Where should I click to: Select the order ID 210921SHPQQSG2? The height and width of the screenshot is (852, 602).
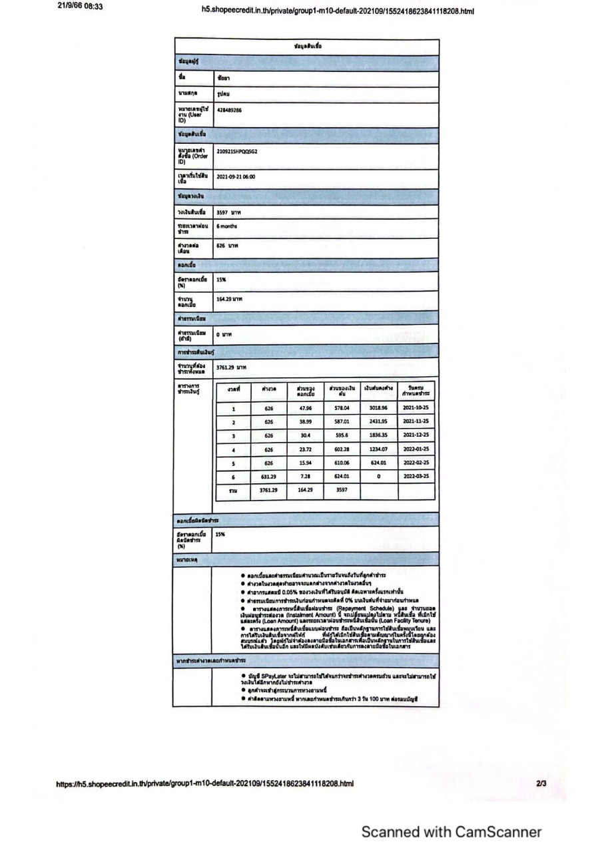coord(237,152)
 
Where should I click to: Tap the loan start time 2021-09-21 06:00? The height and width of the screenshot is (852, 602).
coord(236,177)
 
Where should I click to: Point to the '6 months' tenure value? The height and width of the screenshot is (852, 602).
coord(227,226)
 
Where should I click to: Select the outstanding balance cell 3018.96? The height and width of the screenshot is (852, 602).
coord(378,409)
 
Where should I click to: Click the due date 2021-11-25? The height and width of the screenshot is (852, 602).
coord(416,422)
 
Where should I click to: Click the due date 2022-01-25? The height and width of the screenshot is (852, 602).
coord(416,449)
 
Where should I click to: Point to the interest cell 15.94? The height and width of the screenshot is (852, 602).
coord(306,463)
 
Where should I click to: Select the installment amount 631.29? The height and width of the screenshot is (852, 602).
coord(269,477)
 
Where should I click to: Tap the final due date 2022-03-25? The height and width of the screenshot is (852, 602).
coord(416,477)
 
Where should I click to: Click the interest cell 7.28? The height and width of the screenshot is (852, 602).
coord(306,477)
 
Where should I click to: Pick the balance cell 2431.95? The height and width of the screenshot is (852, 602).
coord(378,422)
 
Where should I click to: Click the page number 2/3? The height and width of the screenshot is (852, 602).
coord(540,784)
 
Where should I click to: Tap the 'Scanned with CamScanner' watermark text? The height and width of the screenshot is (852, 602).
coord(451,832)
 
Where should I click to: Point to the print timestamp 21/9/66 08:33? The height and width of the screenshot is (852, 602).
coord(75,8)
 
